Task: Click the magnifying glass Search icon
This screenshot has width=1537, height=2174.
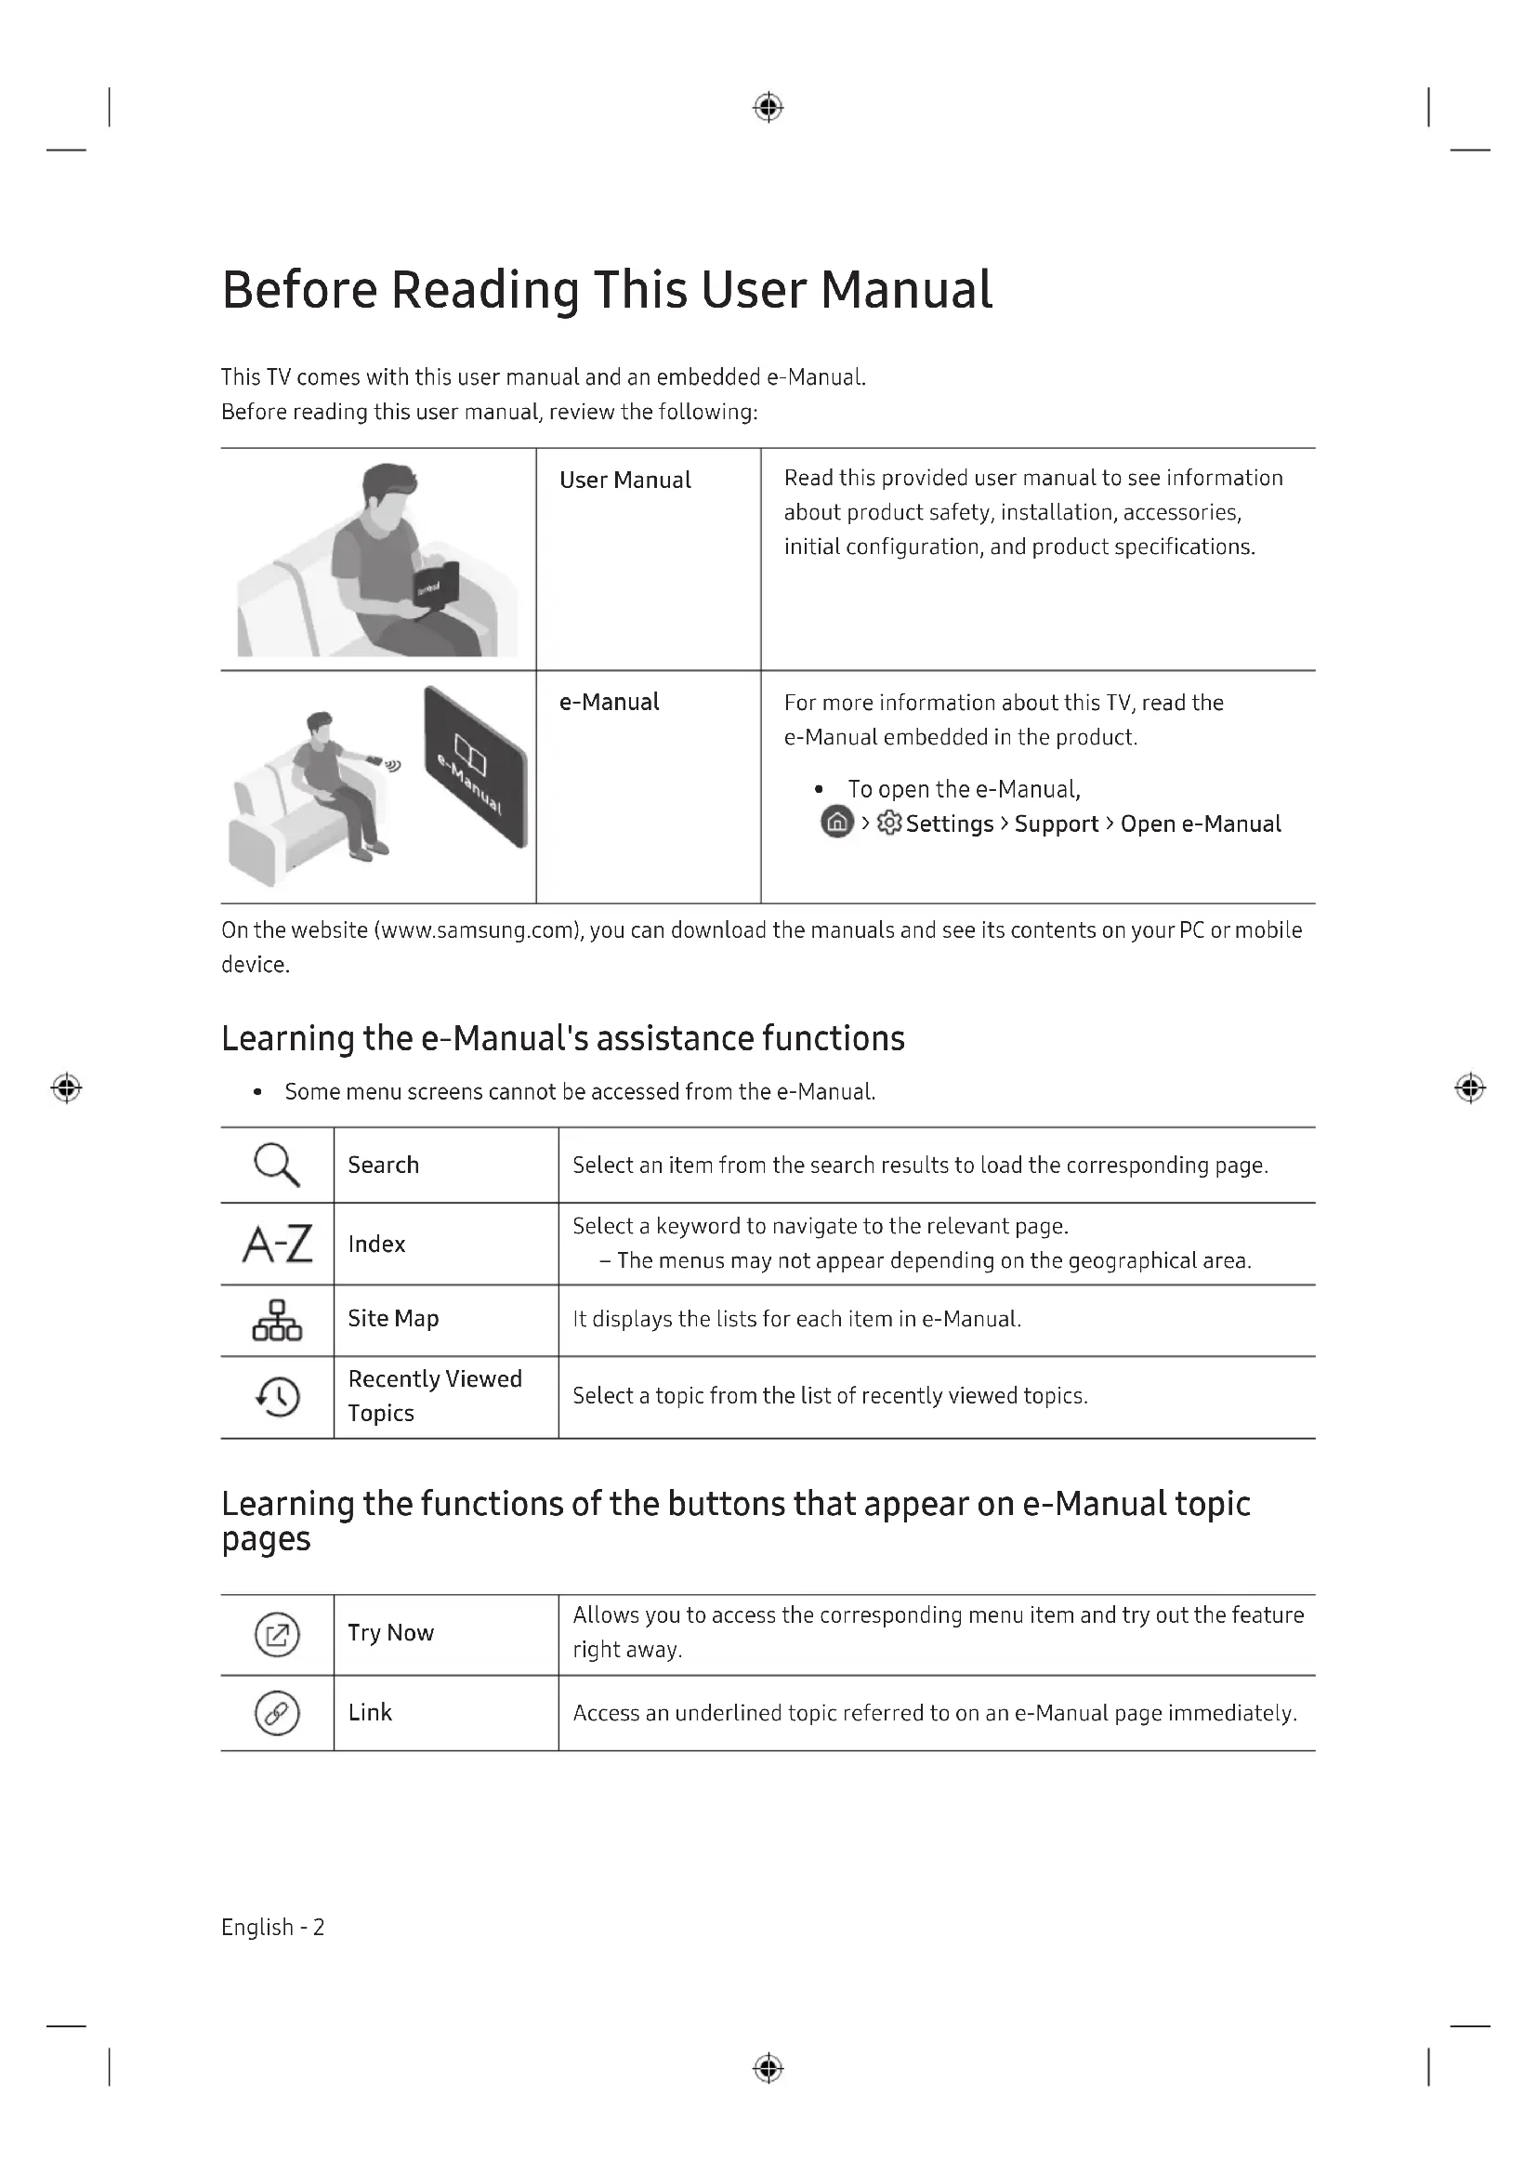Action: pos(276,1164)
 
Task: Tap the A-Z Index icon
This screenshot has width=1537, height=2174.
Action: pos(276,1244)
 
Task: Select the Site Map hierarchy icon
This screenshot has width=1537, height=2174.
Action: pos(276,1320)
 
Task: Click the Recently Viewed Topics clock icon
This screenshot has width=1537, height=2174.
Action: pos(277,1397)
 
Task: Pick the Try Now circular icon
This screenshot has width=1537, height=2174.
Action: pos(277,1634)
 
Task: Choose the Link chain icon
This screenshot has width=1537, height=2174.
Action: pos(277,1713)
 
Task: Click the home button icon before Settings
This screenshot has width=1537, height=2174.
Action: pos(836,823)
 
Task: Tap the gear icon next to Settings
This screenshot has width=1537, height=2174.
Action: pos(889,823)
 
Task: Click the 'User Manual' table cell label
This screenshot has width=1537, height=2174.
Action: pos(624,480)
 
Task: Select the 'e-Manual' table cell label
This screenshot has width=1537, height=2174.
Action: pos(609,702)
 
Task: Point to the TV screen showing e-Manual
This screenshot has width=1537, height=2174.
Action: pos(475,767)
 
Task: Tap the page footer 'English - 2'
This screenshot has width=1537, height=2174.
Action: pos(272,1927)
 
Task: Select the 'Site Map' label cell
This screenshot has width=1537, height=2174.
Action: pos(393,1318)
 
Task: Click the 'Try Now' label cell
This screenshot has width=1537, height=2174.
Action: pos(390,1632)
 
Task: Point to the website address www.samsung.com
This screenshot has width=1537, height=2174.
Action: pos(477,929)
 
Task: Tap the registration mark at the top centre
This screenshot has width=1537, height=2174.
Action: pos(768,108)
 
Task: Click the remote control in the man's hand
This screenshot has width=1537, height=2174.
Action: pos(374,759)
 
